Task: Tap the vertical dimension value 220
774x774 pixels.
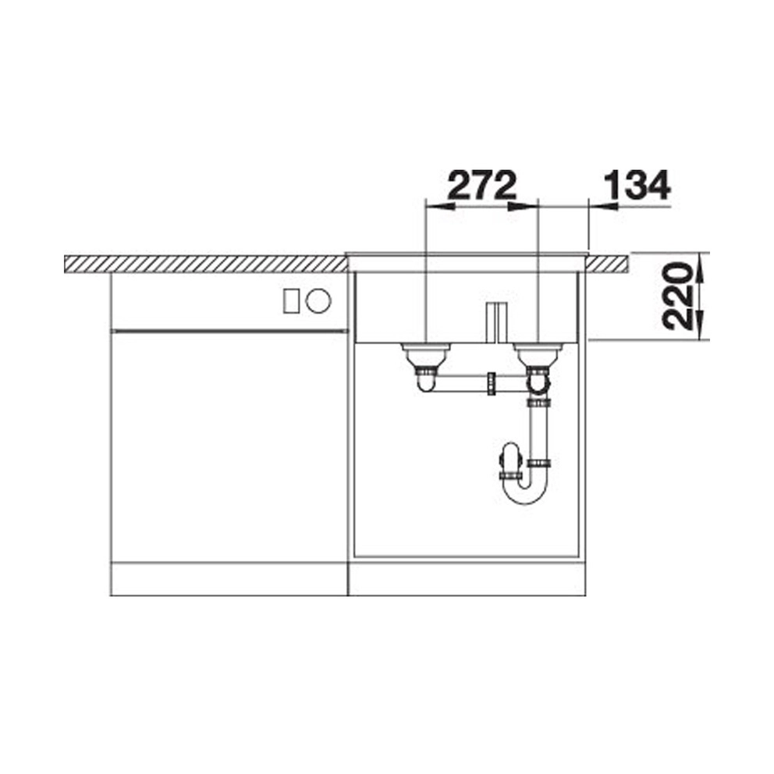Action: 676,296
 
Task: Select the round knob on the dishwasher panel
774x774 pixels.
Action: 318,300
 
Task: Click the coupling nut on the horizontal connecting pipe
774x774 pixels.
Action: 491,384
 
